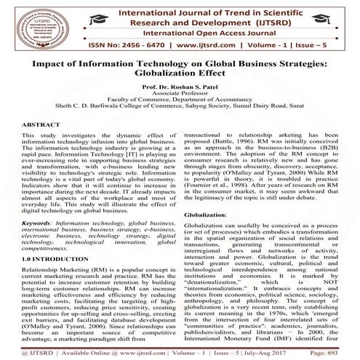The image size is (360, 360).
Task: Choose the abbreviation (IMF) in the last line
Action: click(x=275, y=345)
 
